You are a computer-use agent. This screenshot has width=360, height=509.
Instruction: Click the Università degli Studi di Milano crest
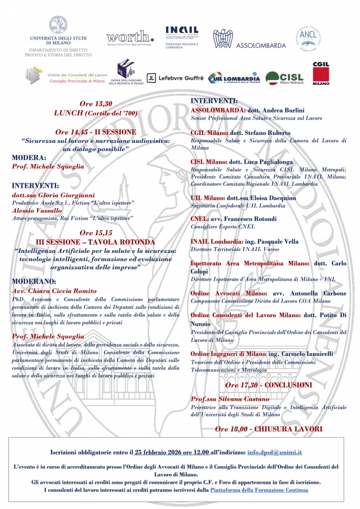click(x=58, y=25)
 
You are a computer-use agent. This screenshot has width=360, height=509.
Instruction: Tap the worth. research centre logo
click(x=130, y=37)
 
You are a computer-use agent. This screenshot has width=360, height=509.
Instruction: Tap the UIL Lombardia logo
click(x=234, y=78)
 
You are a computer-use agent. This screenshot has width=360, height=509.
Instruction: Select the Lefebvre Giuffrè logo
click(x=175, y=78)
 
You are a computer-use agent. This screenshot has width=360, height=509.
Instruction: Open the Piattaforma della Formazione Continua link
click(x=259, y=490)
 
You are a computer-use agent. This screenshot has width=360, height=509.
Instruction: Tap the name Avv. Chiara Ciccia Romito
click(x=54, y=291)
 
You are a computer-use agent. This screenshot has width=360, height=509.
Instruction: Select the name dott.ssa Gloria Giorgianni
click(x=53, y=195)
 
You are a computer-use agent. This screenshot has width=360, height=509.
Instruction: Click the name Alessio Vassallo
click(x=37, y=210)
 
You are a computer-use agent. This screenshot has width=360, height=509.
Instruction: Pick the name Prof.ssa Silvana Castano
click(x=231, y=399)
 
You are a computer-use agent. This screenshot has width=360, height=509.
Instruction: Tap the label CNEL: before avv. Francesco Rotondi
click(x=201, y=218)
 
